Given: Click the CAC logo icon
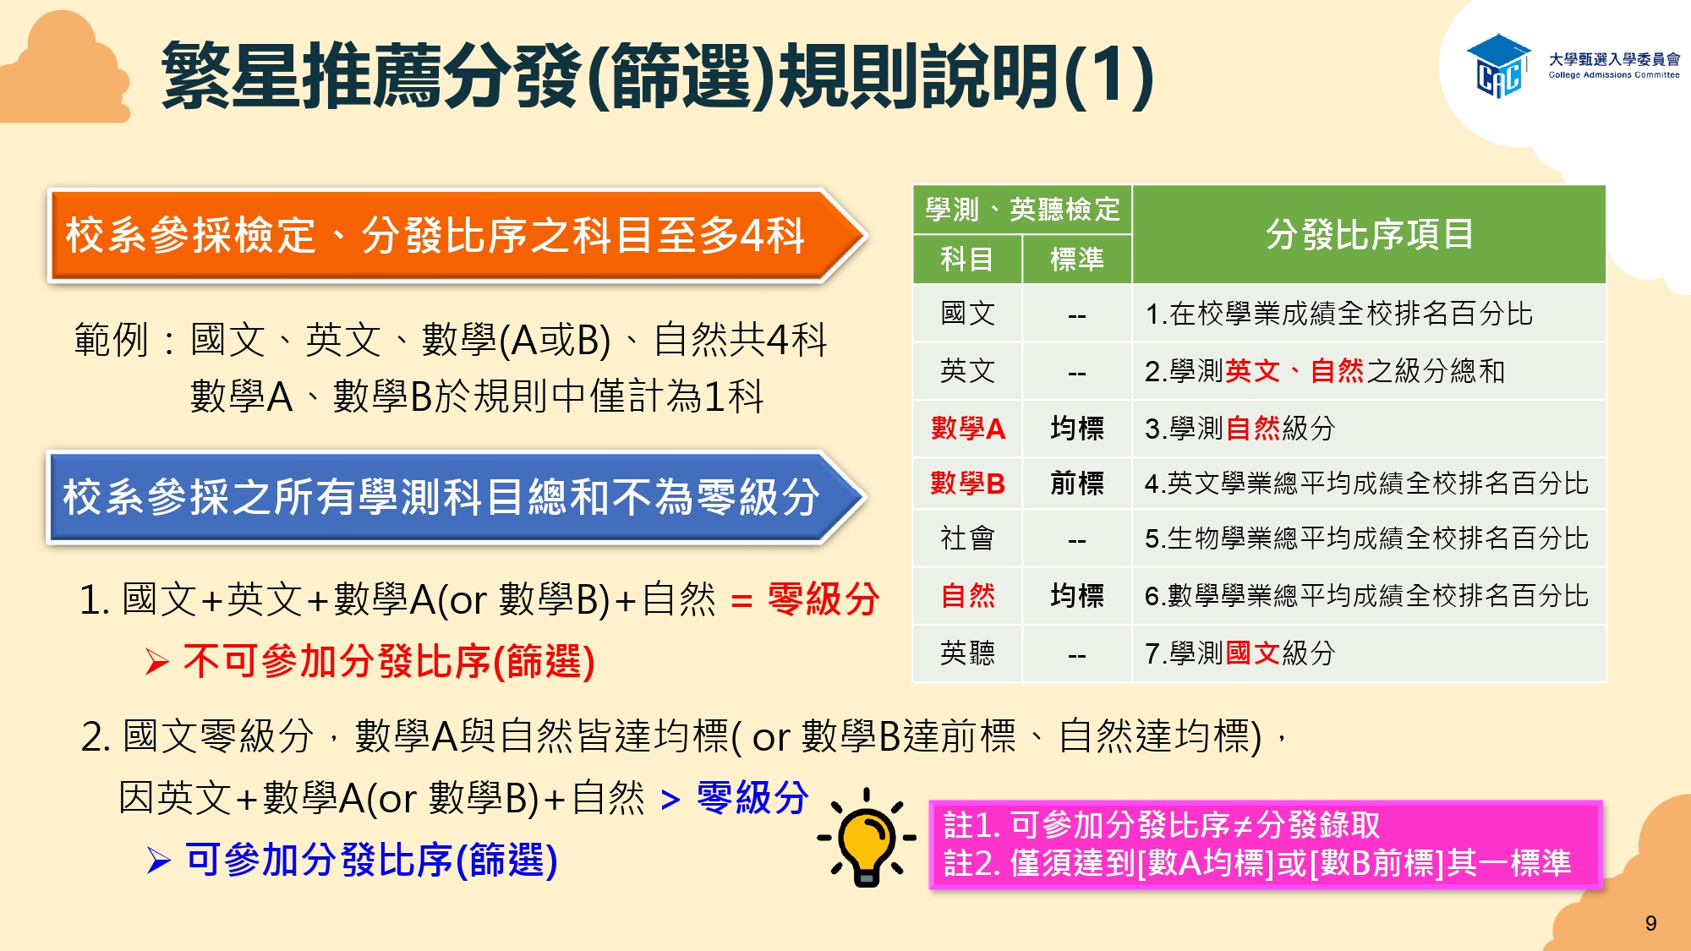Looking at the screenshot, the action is [x=1498, y=66].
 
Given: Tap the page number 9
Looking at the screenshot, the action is [x=1650, y=923].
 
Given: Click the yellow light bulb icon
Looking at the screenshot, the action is [x=866, y=837].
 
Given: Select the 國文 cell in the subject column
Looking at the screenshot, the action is [x=967, y=314].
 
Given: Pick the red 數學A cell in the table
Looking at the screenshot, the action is [x=967, y=429].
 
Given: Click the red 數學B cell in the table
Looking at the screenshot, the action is [x=967, y=484].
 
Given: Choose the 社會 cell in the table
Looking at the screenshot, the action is [x=967, y=538].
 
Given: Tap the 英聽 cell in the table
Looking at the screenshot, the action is [x=967, y=653].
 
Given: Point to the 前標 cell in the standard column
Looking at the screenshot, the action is [x=1076, y=484].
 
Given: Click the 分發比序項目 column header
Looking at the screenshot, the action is [x=1369, y=234].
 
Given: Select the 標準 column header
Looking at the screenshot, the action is [x=1076, y=260].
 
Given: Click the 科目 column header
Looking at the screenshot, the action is [x=967, y=260].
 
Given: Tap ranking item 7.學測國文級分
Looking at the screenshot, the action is [x=1240, y=653].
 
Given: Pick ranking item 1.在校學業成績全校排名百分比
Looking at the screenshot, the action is [x=1338, y=314].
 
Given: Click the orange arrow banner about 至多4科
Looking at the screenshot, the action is [x=457, y=235].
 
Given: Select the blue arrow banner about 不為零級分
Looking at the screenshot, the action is [x=457, y=496].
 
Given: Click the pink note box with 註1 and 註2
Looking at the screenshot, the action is [x=1266, y=844].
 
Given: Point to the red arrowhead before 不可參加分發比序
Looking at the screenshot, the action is [x=157, y=662].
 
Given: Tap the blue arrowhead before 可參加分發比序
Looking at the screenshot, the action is [x=158, y=861].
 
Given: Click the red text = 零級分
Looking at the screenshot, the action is [x=805, y=600].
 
